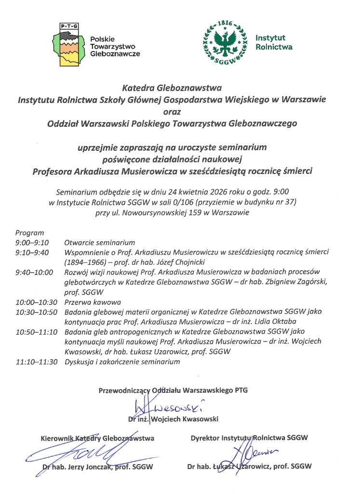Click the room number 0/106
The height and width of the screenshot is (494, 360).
179,201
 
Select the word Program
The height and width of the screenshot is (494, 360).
29,233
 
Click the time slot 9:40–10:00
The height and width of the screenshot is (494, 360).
34,273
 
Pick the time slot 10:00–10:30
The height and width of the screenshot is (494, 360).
36,302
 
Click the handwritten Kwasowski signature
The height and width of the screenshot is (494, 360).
166,406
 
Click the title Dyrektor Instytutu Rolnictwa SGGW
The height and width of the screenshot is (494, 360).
249,438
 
